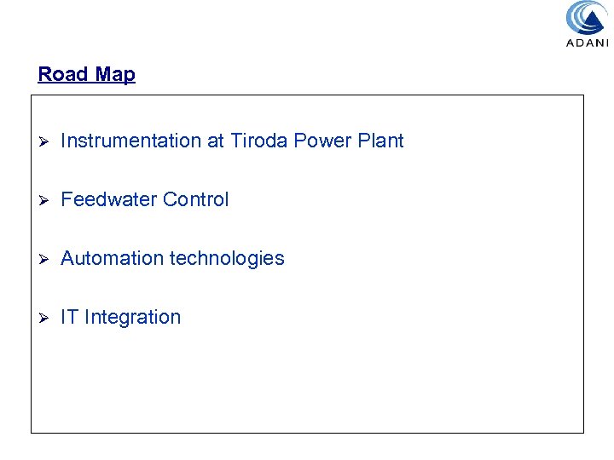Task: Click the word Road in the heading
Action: tap(63, 74)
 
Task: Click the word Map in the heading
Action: tap(115, 74)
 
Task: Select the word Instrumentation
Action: tap(130, 141)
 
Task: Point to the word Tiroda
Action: tap(259, 141)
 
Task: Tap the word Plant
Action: tap(379, 141)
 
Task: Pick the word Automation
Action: tap(113, 258)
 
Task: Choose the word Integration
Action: tap(132, 317)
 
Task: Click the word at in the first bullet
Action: tap(215, 141)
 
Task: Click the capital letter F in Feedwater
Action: tap(67, 199)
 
